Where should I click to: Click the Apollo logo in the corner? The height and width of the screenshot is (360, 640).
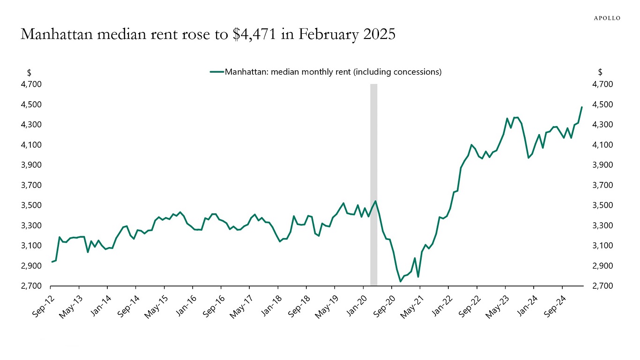(607, 18)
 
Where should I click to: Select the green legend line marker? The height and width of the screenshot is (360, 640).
(217, 72)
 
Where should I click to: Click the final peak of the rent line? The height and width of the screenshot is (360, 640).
(581, 107)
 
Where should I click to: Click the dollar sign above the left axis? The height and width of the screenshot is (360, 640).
(29, 72)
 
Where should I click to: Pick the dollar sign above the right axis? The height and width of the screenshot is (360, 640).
(600, 72)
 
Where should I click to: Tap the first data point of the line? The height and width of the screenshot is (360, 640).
(52, 262)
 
